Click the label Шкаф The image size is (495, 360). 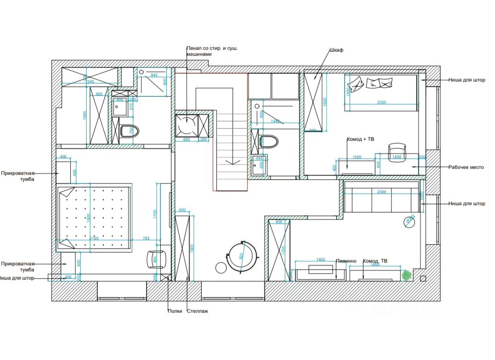pos(337,50)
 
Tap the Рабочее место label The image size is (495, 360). pos(466,167)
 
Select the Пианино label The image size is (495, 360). pos(346,261)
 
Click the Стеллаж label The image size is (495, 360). pos(197,311)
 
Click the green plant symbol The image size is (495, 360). pos(407,275)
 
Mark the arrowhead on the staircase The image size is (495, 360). pos(233,162)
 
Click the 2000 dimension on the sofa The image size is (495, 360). pos(381,192)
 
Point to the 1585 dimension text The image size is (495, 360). pos(84,116)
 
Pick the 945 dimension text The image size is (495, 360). pos(154,75)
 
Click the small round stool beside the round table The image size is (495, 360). pos(221,267)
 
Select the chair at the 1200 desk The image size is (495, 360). pos(398,152)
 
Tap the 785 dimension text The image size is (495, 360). pos(146,238)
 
